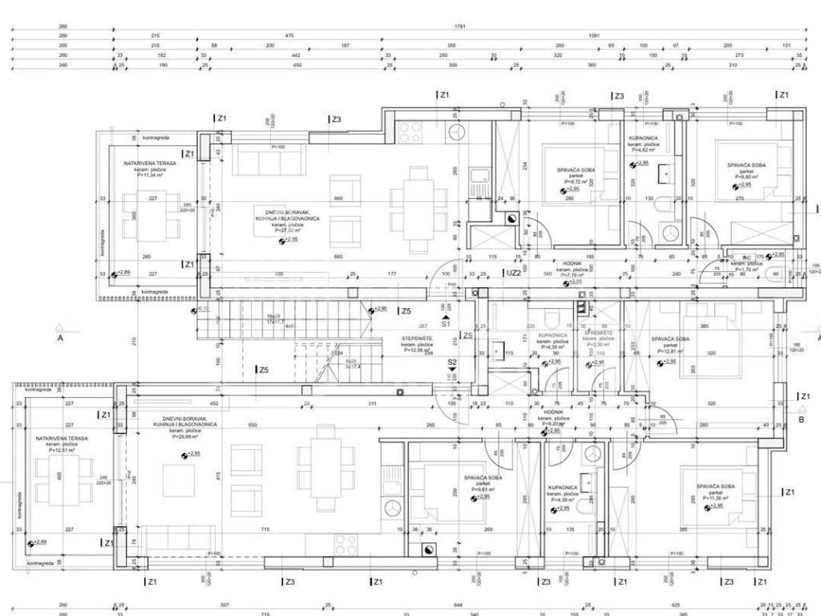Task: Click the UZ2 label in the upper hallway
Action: click(514, 273)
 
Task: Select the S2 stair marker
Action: click(452, 363)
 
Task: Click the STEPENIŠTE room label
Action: click(418, 339)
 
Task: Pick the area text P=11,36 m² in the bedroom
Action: click(715, 497)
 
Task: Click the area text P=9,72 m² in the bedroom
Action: click(575, 181)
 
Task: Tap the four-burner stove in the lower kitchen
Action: click(346, 543)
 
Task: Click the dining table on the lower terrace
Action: click(59, 481)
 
